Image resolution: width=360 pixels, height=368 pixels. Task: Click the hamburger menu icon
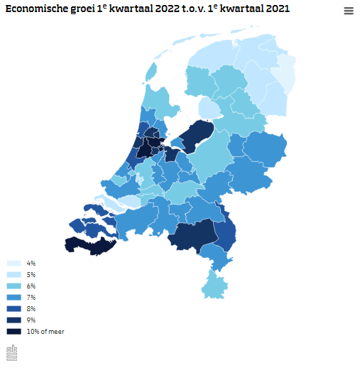tap(349, 11)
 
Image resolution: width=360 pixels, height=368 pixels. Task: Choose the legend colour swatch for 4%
tap(13, 263)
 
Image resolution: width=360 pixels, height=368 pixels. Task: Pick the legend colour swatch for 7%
tap(13, 297)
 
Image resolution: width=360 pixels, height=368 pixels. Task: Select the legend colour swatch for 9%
tap(13, 320)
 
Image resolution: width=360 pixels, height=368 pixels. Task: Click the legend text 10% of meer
tap(45, 331)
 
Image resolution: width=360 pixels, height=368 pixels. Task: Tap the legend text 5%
tap(31, 274)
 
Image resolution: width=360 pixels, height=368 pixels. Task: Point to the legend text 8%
tap(31, 308)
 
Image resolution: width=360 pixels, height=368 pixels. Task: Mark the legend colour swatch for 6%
tap(13, 286)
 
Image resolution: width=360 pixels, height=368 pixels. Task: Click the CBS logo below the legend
tap(11, 352)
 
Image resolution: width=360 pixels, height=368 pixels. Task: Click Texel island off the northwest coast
tap(151, 71)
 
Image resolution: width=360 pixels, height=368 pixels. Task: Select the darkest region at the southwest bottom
tap(89, 245)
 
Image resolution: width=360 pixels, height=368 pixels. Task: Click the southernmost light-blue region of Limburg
tap(214, 286)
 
